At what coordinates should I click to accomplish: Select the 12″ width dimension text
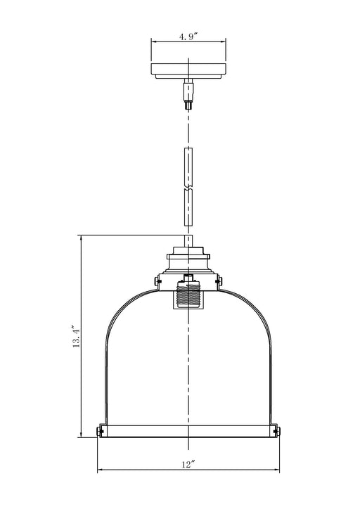[188, 464]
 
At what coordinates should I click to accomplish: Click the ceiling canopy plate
[188, 71]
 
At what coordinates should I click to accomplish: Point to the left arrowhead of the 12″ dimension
[99, 470]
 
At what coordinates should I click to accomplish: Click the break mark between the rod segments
[188, 188]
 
